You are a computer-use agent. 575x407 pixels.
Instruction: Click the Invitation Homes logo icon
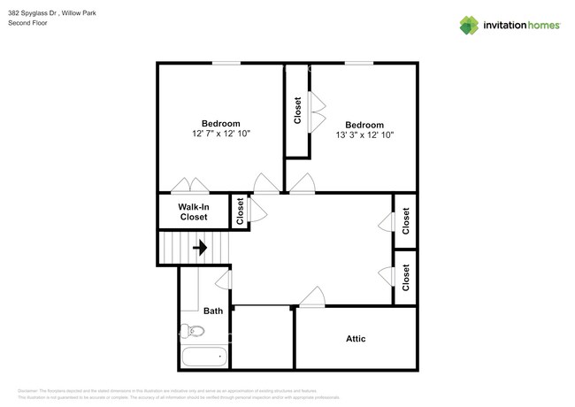469,25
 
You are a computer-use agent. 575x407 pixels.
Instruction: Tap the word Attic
356,339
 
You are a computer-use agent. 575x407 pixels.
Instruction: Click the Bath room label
213,311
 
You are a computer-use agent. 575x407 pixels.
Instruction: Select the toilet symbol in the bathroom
191,333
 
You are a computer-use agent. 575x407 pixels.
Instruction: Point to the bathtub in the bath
204,357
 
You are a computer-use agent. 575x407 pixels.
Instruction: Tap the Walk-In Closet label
194,212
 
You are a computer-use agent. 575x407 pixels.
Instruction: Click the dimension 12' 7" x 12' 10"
221,134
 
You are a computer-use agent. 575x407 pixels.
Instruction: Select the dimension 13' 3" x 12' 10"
364,135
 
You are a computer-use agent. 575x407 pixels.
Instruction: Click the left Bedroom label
221,123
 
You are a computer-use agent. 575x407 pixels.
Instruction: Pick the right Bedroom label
364,125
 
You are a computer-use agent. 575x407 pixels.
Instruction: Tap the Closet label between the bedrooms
297,111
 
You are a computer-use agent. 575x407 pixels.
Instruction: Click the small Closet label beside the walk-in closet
239,210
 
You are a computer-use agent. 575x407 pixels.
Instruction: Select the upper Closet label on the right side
406,220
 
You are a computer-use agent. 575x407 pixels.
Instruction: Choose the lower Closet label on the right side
406,277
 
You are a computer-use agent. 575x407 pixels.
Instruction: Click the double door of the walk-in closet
191,187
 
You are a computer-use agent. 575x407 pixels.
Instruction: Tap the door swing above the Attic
310,298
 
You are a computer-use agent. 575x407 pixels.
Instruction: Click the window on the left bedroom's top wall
226,63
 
